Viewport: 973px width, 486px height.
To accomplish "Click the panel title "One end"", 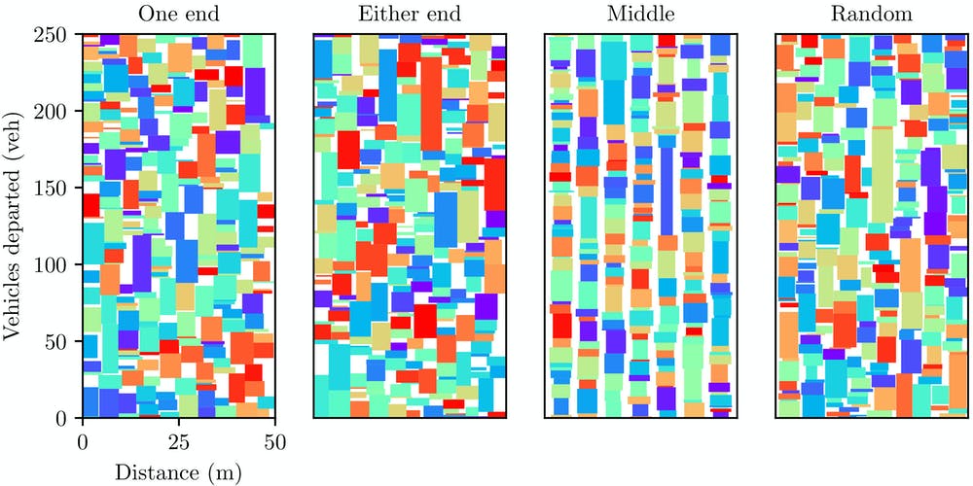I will [x=178, y=15].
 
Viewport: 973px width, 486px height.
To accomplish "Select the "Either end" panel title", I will [x=410, y=15].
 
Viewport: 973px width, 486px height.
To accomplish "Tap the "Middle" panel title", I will [x=640, y=15].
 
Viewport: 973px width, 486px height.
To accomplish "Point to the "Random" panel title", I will [x=871, y=15].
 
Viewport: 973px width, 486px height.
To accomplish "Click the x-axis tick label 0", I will [x=84, y=440].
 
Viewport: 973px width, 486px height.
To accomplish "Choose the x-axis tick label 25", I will [x=179, y=440].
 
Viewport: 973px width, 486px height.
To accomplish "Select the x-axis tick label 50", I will [x=274, y=440].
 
